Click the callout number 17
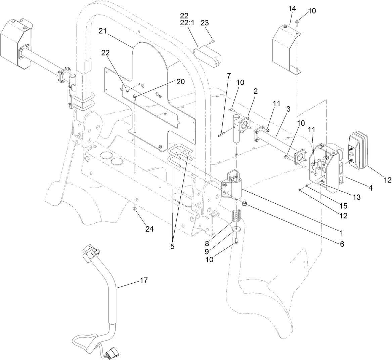point(143,280)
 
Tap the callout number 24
point(149,229)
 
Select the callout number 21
point(103,31)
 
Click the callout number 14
point(292,8)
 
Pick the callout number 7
point(228,75)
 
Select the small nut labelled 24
point(134,209)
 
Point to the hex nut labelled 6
point(245,203)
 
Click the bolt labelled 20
point(134,98)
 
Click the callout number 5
point(172,246)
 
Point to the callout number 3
point(289,110)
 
